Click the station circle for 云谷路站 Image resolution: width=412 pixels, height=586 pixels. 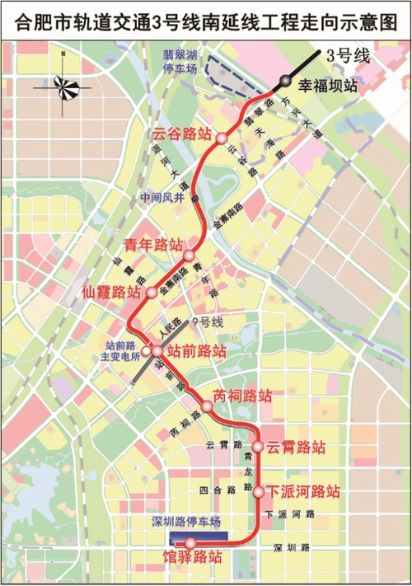pos(221,138)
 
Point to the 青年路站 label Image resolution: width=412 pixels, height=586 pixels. pos(152,245)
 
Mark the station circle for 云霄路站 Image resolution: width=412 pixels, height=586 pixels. pos(258,447)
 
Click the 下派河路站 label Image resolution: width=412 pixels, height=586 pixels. pos(303,493)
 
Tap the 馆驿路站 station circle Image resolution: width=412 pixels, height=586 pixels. pos(190,542)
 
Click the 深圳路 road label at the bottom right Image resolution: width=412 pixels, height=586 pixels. pos(292,546)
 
